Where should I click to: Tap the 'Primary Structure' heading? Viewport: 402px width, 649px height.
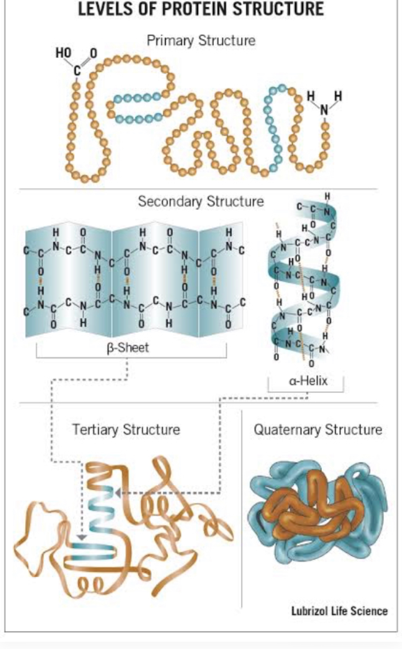[201, 41]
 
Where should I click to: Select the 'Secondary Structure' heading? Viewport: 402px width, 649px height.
[201, 202]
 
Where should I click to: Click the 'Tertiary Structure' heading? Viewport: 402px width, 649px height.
[126, 430]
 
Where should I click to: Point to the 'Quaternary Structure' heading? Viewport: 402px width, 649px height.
[318, 430]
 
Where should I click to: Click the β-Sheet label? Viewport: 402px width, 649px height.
[128, 348]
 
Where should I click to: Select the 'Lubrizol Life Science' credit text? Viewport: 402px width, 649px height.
[339, 611]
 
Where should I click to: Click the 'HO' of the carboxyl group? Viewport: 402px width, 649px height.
[63, 53]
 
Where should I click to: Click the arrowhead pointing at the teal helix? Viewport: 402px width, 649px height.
[117, 493]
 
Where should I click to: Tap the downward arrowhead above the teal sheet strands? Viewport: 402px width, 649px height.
[82, 537]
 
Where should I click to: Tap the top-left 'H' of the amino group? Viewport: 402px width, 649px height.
[311, 95]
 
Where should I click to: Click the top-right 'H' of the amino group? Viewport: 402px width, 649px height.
[339, 95]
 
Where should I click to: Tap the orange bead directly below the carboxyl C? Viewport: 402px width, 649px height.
[76, 86]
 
